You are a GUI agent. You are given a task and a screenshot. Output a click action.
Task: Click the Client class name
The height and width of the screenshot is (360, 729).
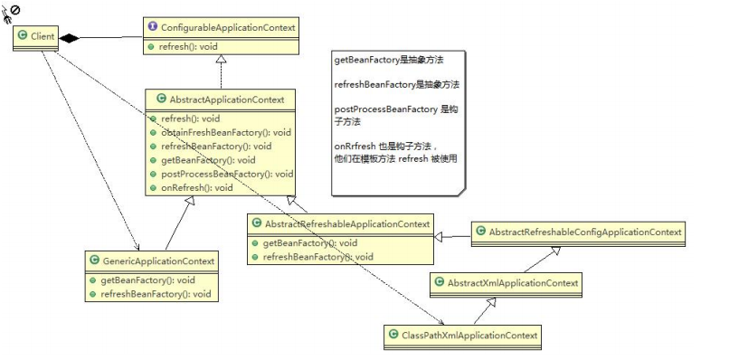(43, 36)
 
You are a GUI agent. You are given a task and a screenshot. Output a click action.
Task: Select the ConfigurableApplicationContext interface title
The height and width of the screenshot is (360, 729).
(228, 27)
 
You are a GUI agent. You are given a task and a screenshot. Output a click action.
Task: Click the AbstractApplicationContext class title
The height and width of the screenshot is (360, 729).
(227, 99)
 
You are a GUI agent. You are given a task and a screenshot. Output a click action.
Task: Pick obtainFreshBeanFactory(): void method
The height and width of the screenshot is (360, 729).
(226, 133)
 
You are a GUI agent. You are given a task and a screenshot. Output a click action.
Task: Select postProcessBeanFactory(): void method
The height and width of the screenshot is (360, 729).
(227, 174)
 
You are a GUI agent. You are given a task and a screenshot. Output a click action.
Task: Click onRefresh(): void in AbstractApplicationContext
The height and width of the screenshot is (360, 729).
(196, 188)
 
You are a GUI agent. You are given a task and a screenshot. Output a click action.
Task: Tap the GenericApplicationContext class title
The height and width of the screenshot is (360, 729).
(157, 261)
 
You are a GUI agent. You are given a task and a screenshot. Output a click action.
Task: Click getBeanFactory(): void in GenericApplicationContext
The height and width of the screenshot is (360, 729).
(147, 280)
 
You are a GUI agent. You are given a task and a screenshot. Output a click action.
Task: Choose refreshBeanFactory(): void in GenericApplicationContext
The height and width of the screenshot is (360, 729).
(156, 294)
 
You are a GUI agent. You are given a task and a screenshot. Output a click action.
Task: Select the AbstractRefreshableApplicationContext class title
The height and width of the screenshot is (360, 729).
(347, 223)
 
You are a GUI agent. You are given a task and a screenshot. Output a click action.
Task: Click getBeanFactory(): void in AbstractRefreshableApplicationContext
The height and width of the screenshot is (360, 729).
(310, 242)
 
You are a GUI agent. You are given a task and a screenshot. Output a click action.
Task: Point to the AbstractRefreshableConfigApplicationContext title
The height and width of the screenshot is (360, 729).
(585, 232)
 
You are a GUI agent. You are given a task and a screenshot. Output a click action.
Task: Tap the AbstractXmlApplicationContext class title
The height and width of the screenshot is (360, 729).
(513, 282)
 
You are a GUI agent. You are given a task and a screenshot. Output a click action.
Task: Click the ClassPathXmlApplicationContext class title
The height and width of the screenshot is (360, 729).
(469, 335)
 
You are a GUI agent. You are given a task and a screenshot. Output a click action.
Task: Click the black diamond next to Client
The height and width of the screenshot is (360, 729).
(70, 38)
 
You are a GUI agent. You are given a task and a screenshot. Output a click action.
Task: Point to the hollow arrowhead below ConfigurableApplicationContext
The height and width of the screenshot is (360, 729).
(222, 59)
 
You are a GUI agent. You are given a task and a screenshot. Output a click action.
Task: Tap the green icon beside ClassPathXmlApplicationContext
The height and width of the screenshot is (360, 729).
(393, 335)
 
